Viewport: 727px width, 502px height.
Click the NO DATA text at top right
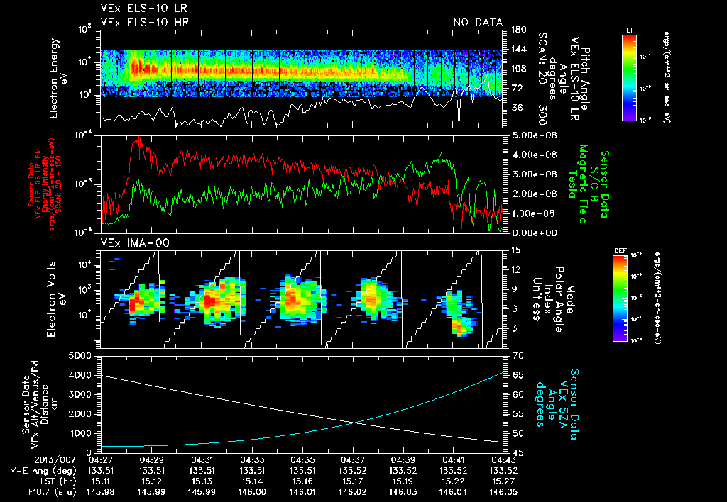click(x=477, y=23)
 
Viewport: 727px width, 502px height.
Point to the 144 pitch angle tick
click(x=517, y=50)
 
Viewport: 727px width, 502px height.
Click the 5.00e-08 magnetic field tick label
click(x=532, y=135)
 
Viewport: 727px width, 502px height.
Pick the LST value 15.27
click(x=502, y=480)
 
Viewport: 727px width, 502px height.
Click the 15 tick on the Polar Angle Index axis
click(x=515, y=250)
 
